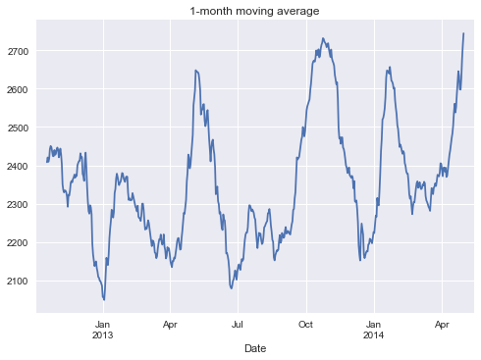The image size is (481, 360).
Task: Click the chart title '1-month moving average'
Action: click(255, 11)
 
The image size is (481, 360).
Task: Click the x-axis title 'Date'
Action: click(255, 347)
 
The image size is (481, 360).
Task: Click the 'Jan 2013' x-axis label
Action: click(103, 328)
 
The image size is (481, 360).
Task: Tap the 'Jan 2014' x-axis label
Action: click(373, 328)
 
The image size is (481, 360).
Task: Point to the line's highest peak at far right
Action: click(463, 33)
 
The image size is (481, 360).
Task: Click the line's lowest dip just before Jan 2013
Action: click(103, 299)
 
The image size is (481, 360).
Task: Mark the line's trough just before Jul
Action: click(232, 288)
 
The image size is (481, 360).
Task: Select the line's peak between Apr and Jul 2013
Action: click(196, 70)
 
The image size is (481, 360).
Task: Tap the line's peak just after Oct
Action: click(323, 38)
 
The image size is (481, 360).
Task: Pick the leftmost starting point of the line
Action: click(46, 161)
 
